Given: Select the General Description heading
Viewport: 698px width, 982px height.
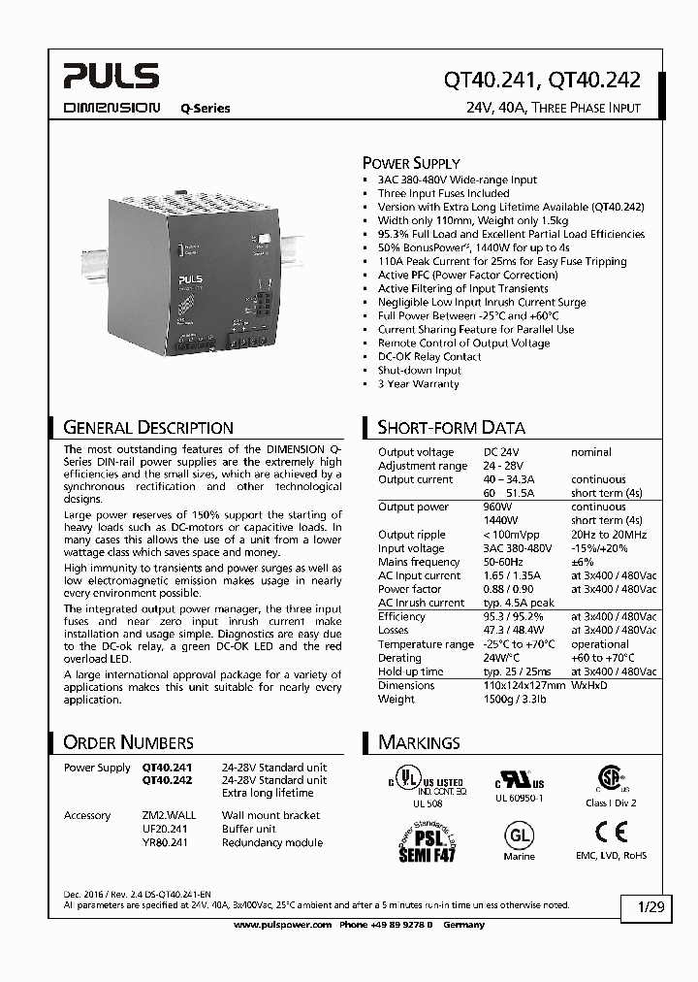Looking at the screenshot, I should click(x=147, y=427).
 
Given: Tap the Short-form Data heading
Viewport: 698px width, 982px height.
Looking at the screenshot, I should click(x=451, y=427).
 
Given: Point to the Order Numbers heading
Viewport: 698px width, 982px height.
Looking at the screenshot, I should click(x=128, y=742).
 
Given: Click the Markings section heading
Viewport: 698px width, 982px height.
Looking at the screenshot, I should click(x=419, y=742).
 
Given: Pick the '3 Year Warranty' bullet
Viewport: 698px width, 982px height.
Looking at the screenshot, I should click(x=418, y=384).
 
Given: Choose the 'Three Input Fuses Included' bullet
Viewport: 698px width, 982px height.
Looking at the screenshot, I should click(x=443, y=193).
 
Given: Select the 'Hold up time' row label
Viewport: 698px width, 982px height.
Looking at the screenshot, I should click(x=410, y=671).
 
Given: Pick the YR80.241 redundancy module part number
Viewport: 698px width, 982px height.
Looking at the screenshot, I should click(x=165, y=843).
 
